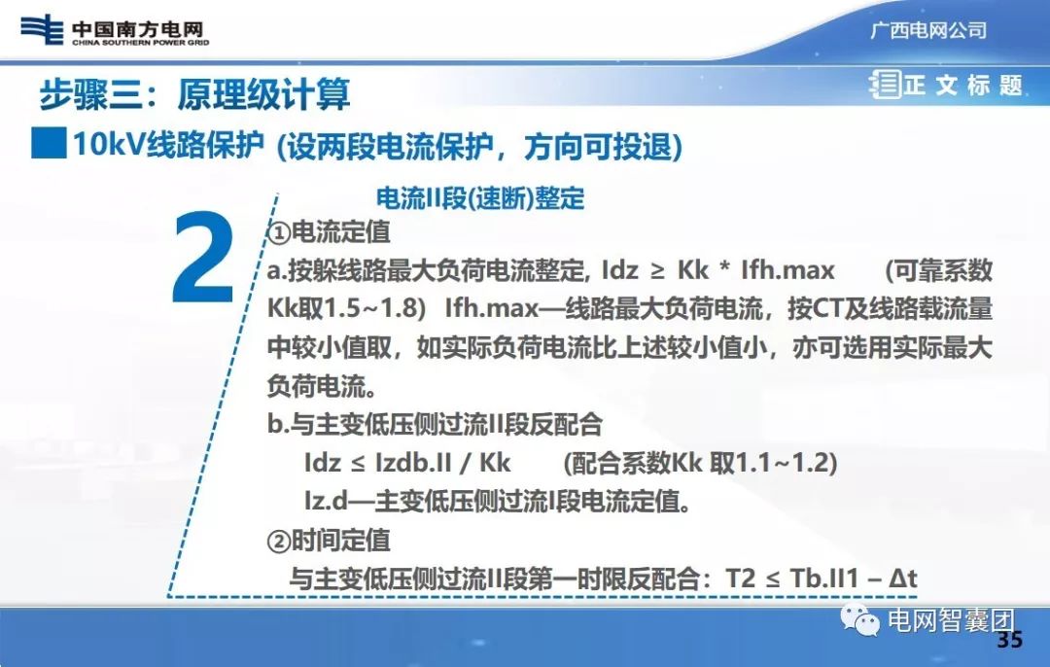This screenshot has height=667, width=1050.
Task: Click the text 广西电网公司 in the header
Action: [927, 30]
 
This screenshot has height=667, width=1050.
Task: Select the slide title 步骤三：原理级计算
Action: [194, 94]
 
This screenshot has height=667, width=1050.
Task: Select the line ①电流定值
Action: [329, 232]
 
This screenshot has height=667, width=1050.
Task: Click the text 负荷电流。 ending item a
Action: [321, 386]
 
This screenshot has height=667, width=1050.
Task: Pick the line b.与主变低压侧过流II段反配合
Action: [435, 425]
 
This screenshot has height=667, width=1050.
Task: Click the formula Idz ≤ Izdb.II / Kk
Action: [407, 463]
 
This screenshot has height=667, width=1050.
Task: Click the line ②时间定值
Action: [329, 540]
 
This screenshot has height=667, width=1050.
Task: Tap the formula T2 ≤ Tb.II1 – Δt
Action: [822, 579]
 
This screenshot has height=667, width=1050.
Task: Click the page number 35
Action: [1010, 640]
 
